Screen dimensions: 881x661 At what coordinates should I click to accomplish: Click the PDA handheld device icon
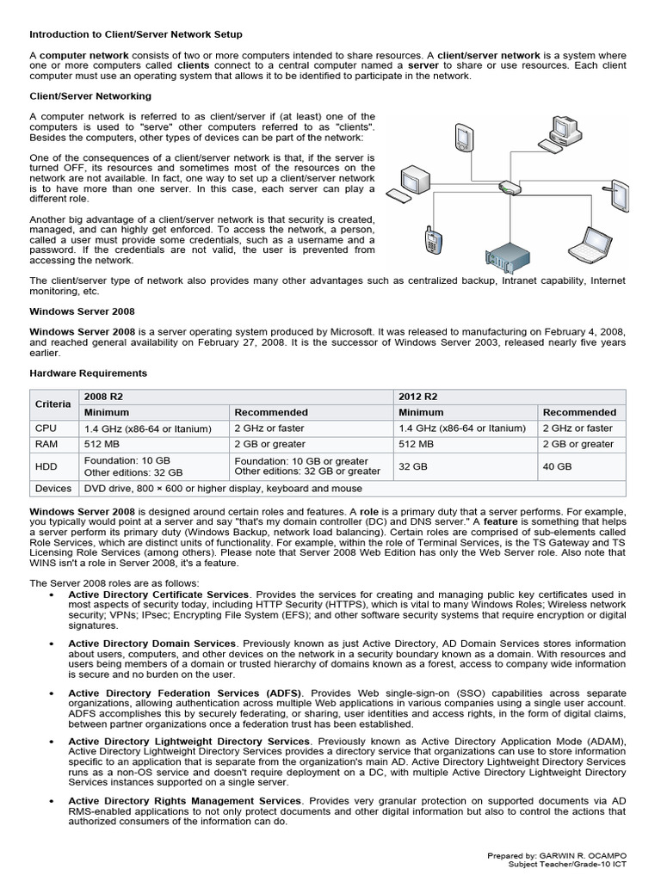(x=463, y=136)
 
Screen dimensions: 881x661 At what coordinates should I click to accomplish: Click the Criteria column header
(x=53, y=404)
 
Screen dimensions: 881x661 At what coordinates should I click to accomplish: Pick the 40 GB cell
(x=557, y=466)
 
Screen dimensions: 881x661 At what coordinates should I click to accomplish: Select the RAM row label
(x=46, y=444)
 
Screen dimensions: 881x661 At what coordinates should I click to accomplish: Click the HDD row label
(x=46, y=466)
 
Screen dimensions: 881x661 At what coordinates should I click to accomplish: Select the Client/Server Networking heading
(x=90, y=95)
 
